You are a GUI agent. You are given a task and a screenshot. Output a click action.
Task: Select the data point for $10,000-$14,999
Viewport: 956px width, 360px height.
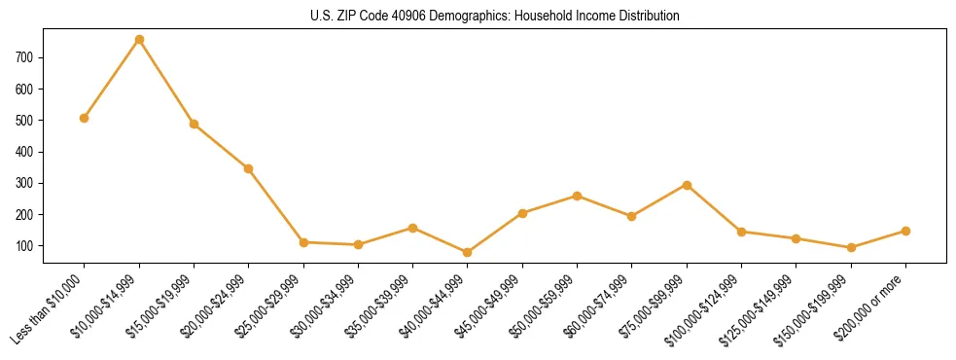point(139,40)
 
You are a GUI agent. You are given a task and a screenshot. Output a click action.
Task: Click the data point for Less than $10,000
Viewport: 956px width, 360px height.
point(85,118)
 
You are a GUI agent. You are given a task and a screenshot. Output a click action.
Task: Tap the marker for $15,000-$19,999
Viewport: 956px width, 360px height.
point(194,124)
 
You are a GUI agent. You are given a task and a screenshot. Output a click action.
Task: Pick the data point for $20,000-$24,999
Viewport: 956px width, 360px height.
point(249,168)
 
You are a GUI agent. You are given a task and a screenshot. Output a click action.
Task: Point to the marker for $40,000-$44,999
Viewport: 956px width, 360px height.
point(468,252)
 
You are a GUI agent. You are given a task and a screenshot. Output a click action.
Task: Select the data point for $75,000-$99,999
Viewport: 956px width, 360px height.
point(687,185)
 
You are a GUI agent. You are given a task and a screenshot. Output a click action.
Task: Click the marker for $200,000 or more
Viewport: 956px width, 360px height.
point(905,231)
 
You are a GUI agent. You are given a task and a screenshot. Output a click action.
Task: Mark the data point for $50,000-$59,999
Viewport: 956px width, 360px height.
point(577,196)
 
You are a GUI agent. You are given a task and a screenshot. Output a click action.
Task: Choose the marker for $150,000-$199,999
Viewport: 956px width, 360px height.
point(851,247)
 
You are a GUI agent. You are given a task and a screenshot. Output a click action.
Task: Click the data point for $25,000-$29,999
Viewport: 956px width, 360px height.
point(303,242)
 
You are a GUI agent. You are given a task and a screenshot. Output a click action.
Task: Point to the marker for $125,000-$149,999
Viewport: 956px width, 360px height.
point(796,238)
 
